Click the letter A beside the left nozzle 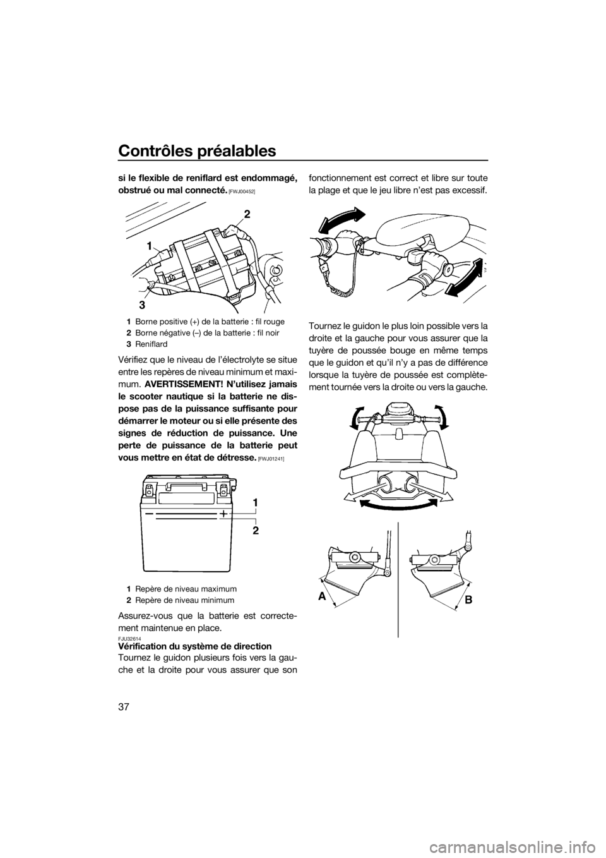click(x=321, y=596)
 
